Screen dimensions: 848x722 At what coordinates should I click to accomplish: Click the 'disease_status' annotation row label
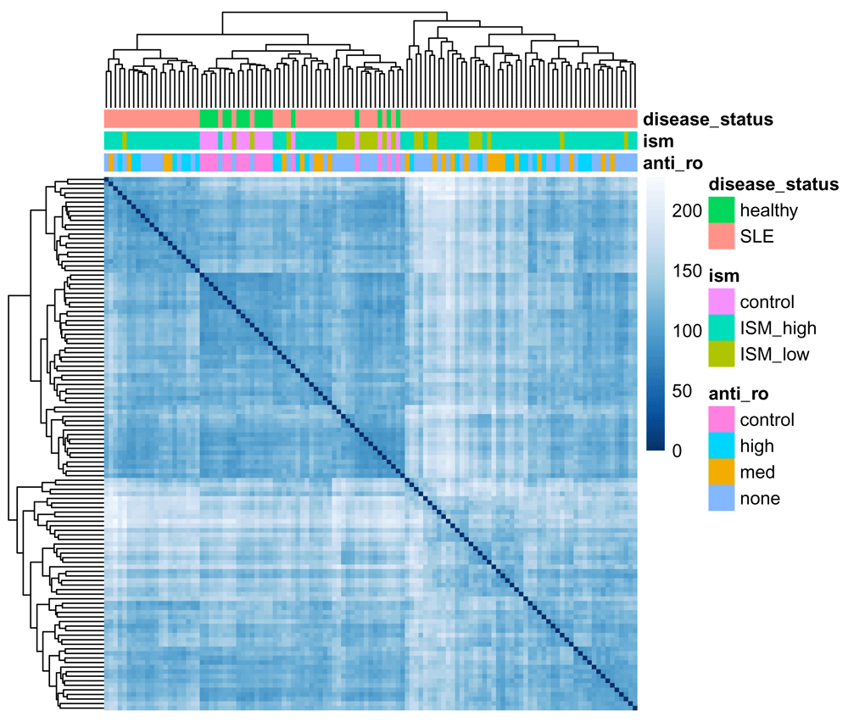click(x=708, y=120)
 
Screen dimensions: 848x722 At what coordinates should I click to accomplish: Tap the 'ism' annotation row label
click(x=658, y=141)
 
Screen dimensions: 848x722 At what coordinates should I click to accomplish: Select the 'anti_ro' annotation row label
click(x=672, y=163)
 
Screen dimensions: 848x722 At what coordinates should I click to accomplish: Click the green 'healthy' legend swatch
click(x=722, y=210)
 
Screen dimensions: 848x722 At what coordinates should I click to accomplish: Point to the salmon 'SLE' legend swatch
click(x=722, y=236)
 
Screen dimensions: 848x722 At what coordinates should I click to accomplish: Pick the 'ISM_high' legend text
click(x=778, y=328)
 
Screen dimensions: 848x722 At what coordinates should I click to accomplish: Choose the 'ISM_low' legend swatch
click(x=722, y=354)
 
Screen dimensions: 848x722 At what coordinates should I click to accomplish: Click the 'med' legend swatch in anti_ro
click(x=722, y=472)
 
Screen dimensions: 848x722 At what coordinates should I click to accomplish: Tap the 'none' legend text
click(x=760, y=499)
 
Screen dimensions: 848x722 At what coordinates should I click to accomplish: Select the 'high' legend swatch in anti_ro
click(x=722, y=445)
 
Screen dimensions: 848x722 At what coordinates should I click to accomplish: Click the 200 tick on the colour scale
click(x=687, y=210)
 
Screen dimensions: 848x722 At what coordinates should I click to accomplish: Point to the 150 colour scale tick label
click(x=687, y=271)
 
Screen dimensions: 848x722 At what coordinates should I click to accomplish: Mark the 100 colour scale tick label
click(x=687, y=331)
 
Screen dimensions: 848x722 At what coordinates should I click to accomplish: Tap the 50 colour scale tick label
click(x=682, y=391)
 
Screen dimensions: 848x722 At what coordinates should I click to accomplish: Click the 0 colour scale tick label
click(x=677, y=451)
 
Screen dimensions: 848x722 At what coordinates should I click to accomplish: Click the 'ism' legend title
click(x=723, y=276)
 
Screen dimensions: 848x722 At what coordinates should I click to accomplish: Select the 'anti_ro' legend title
click(x=739, y=394)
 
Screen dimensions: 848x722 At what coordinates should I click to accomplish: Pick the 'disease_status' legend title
click(x=773, y=185)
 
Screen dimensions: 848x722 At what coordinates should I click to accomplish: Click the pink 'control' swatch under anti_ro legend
click(x=722, y=419)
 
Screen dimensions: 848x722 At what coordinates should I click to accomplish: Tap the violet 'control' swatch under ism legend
click(x=722, y=301)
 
